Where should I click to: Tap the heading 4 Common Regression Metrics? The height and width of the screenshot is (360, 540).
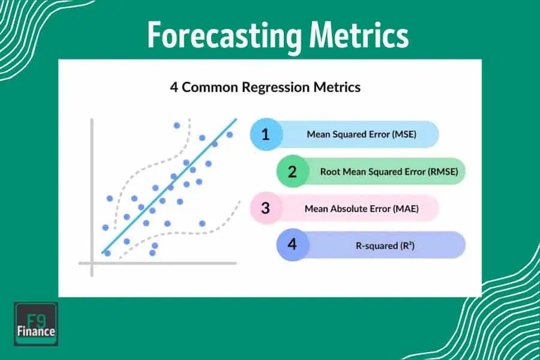pos(265,87)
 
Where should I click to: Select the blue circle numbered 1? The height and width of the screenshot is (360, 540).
pos(265,134)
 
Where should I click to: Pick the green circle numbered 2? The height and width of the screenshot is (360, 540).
pos(292,172)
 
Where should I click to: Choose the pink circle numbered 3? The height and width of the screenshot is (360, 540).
pos(265,208)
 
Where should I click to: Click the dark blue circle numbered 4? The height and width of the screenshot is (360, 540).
pos(292,245)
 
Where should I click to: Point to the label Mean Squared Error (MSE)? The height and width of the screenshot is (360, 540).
pos(361,134)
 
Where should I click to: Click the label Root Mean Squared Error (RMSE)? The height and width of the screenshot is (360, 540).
pos(389,172)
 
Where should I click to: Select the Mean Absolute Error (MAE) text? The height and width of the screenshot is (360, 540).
pos(361,209)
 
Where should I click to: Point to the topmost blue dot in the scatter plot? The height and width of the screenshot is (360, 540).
pos(176,125)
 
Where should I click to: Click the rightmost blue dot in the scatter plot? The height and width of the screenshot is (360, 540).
pos(229,134)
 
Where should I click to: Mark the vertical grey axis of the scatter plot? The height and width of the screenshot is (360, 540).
pos(92,198)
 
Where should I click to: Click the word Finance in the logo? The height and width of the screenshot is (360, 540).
pos(36,331)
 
